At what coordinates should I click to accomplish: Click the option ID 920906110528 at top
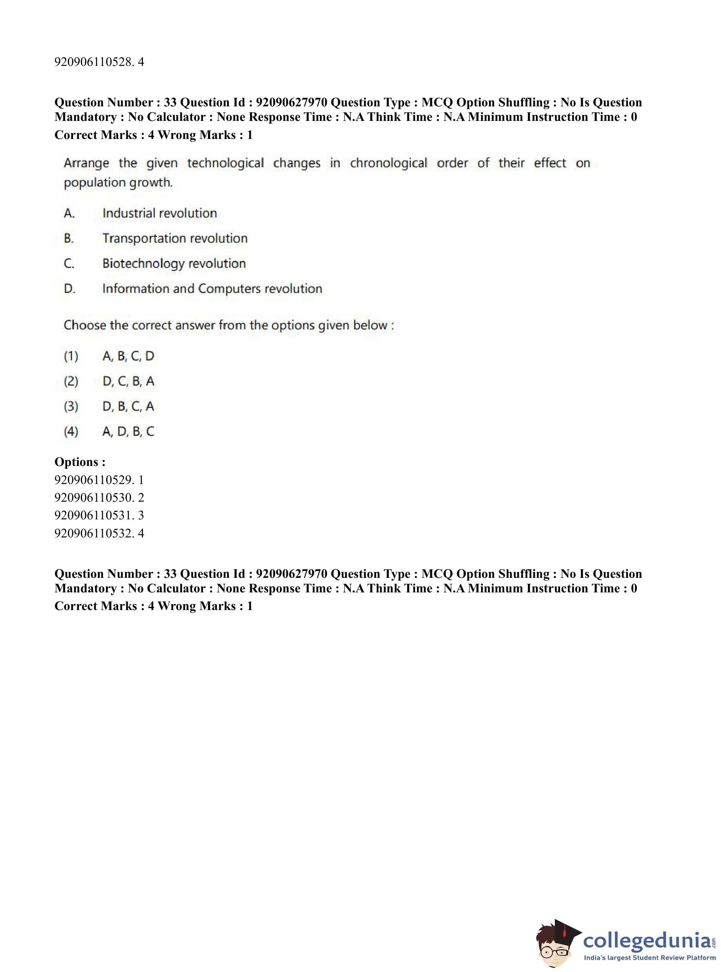pos(99,62)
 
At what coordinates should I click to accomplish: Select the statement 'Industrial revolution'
pos(159,213)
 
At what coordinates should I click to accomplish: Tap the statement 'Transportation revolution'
pos(175,238)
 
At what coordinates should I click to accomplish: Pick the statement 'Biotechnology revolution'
pos(174,263)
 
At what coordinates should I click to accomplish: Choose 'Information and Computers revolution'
pos(212,289)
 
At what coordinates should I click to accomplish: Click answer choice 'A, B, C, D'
pos(128,356)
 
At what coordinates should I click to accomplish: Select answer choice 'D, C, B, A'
pos(128,381)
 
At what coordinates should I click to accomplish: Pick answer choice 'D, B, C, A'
pos(128,406)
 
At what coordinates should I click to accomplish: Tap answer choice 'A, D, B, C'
pos(128,431)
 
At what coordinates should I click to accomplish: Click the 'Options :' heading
pos(80,462)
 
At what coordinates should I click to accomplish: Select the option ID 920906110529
pos(99,480)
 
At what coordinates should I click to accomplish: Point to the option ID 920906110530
pos(99,497)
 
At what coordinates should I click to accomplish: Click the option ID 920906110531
pos(99,515)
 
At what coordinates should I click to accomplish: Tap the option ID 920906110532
pos(99,533)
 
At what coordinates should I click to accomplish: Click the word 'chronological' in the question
pos(388,163)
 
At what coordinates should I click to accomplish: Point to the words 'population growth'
pos(118,183)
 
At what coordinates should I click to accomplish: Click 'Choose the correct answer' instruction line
pos(228,325)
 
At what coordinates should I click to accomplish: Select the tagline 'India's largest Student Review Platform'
pos(650,958)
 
